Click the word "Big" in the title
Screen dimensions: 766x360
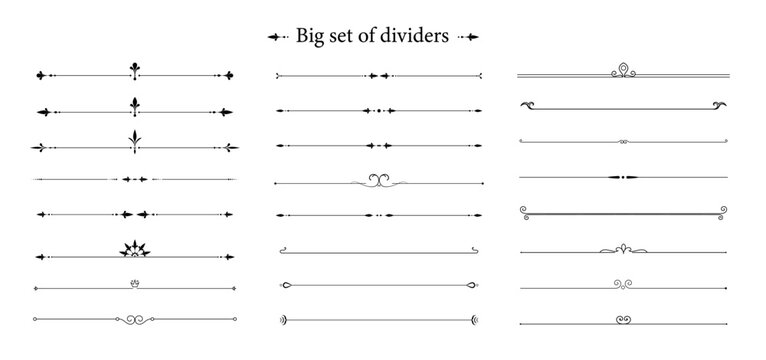[x=309, y=36]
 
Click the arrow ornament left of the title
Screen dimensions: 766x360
[x=277, y=37]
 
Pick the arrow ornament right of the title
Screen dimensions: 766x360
[x=468, y=37]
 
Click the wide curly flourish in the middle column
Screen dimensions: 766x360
[x=378, y=180]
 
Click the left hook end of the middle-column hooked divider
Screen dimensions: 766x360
[x=283, y=249]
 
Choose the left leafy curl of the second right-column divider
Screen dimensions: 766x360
[x=527, y=104]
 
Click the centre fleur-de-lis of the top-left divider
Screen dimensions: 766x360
[x=133, y=71]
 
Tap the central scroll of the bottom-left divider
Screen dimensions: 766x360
[x=133, y=320]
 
